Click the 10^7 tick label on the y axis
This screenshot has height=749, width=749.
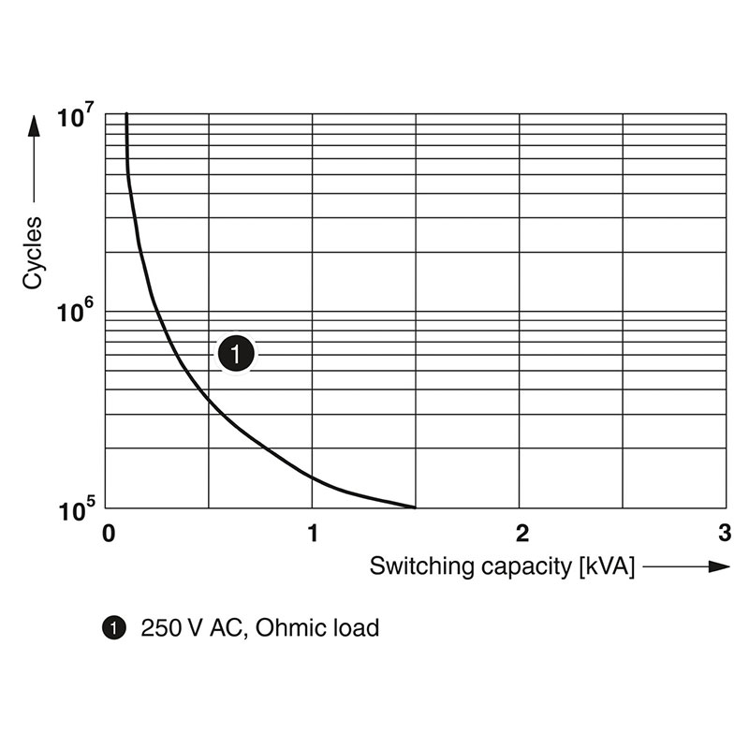coord(76,118)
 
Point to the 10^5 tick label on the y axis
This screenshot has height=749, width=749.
coord(76,512)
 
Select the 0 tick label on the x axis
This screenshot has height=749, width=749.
coord(109,534)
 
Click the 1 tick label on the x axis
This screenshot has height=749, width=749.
coord(313,534)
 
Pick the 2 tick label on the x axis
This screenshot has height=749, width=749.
coord(521,534)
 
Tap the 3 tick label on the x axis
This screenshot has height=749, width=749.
coord(724,534)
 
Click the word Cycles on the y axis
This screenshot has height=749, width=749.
coord(34,252)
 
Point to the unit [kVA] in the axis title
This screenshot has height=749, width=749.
coord(607,566)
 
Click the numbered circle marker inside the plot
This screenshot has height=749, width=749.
coord(236,354)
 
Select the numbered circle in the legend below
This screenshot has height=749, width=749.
coord(114,628)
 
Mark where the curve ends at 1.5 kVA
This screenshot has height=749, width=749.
coord(416,507)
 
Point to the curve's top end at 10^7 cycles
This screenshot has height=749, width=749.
coord(126,114)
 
